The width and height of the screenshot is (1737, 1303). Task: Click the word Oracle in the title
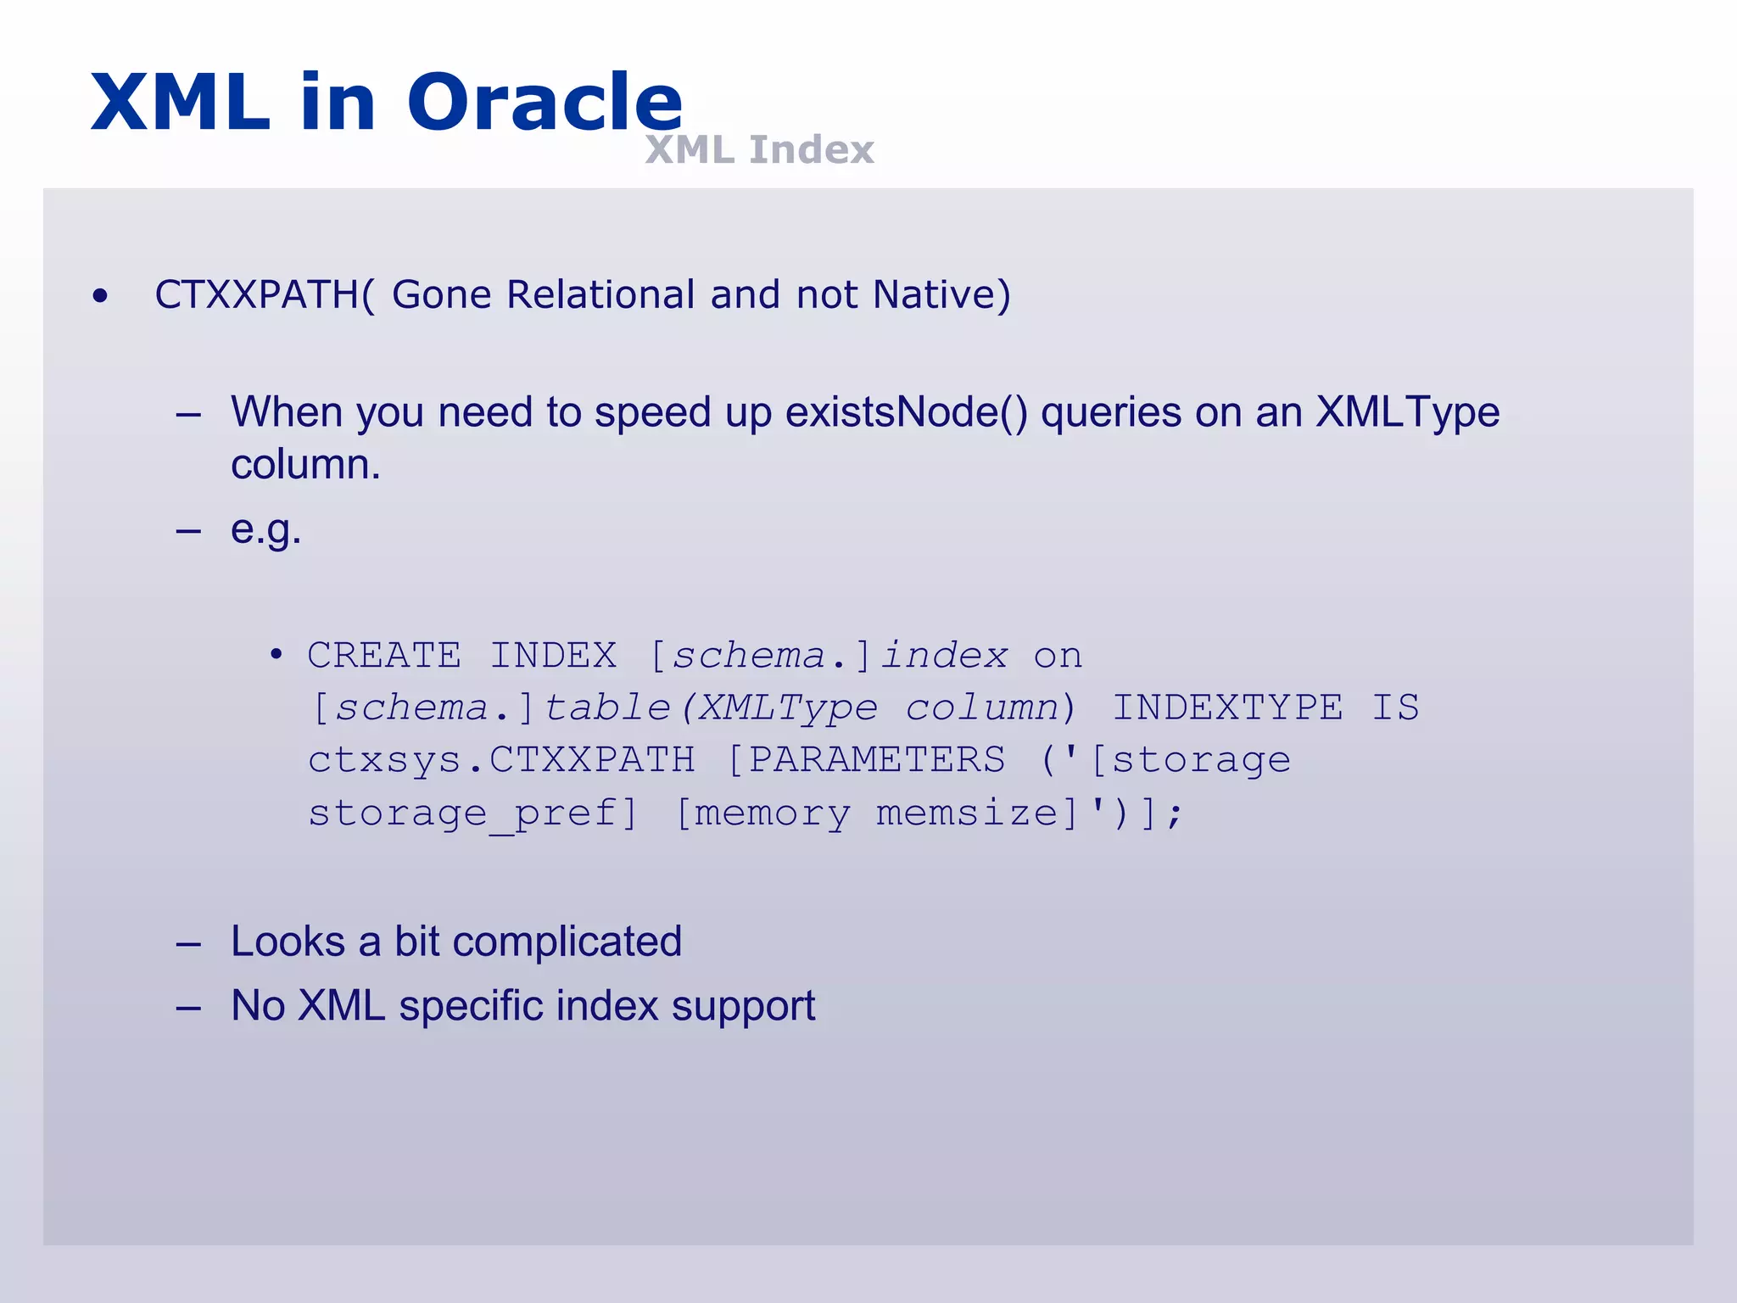(545, 103)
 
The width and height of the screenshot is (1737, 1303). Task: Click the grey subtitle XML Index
(759, 150)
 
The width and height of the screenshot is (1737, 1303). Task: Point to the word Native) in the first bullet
(941, 295)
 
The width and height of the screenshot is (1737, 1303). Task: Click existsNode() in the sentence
(906, 413)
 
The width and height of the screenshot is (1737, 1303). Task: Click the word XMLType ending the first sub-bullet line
(1407, 413)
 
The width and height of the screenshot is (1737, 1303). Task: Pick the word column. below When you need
(305, 465)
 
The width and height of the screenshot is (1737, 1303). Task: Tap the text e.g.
(265, 530)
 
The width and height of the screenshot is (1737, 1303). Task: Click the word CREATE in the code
(384, 656)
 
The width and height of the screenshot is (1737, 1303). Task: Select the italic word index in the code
(944, 656)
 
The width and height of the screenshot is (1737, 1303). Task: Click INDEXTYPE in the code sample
(1227, 708)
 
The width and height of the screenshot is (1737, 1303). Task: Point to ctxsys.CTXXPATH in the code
(501, 760)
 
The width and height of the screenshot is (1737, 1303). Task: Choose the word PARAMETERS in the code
(876, 760)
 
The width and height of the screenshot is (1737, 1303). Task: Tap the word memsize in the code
(967, 814)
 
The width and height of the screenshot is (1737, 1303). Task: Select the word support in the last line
(743, 1006)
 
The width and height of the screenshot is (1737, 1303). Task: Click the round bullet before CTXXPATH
(101, 296)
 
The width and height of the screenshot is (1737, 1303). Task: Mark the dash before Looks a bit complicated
(188, 943)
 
